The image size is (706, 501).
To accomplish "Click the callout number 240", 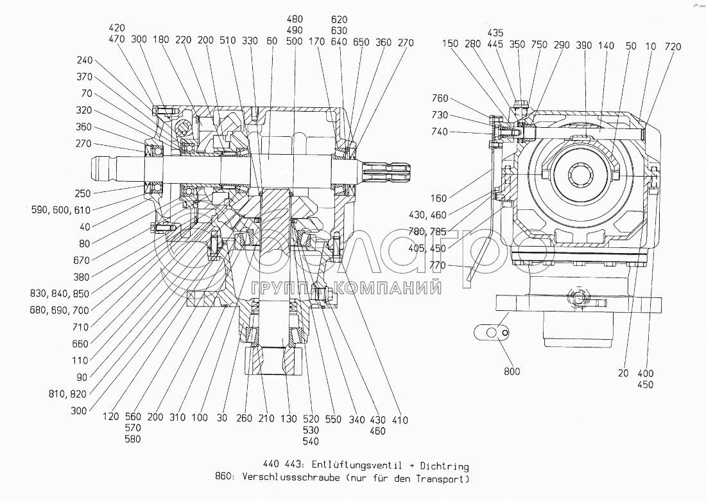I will click(x=84, y=60).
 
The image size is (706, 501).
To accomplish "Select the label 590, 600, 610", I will click(x=56, y=209).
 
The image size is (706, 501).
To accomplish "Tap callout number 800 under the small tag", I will click(x=512, y=371).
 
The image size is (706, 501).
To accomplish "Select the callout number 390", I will click(x=584, y=46).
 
